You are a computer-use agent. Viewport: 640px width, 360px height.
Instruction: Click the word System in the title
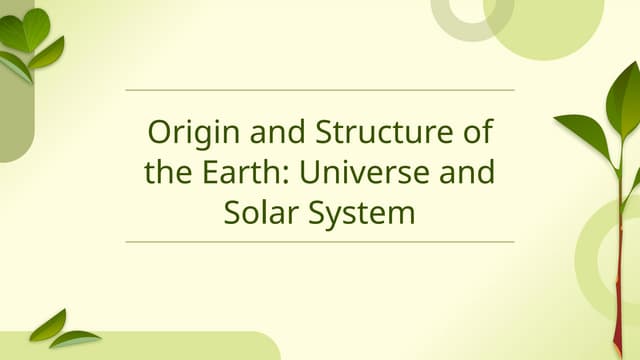pyautogui.click(x=361, y=212)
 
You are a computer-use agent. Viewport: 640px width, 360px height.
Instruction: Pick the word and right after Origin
pyautogui.click(x=259, y=132)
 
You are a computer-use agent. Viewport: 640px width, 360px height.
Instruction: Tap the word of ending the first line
pyautogui.click(x=479, y=132)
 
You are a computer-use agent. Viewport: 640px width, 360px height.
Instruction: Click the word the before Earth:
pyautogui.click(x=161, y=172)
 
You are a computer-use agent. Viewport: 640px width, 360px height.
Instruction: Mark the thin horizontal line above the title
pyautogui.click(x=320, y=90)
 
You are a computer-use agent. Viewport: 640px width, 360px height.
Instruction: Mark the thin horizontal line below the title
pyautogui.click(x=320, y=241)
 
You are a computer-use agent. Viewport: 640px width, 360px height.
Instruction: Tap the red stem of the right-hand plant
pyautogui.click(x=618, y=290)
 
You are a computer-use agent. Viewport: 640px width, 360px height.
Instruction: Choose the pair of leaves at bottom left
pyautogui.click(x=60, y=331)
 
